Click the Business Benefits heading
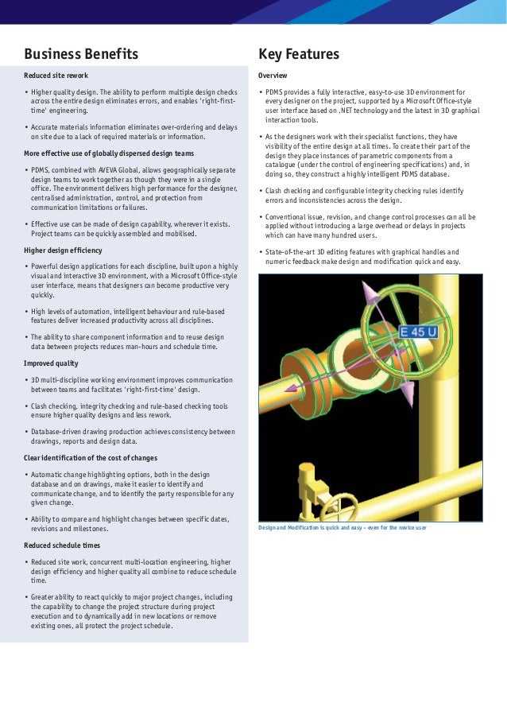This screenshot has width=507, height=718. (81, 54)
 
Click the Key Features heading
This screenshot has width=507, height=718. (299, 54)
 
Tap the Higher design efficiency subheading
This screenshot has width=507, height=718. (63, 250)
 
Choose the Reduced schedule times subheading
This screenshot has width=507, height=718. (62, 546)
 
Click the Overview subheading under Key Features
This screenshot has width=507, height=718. (273, 76)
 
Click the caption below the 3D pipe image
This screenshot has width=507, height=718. (343, 527)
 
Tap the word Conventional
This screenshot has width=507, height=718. (288, 216)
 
